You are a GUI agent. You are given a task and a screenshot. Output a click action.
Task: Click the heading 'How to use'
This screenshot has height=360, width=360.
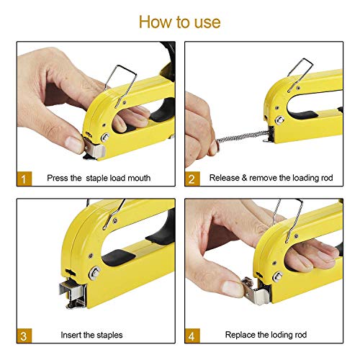tap(180, 21)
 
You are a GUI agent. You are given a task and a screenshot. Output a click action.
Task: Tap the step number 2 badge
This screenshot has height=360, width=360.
tap(193, 177)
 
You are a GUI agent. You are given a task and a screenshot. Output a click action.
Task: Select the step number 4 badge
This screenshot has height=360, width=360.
tap(193, 335)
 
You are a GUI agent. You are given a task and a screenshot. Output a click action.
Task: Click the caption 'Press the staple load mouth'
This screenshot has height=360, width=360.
tap(99, 177)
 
